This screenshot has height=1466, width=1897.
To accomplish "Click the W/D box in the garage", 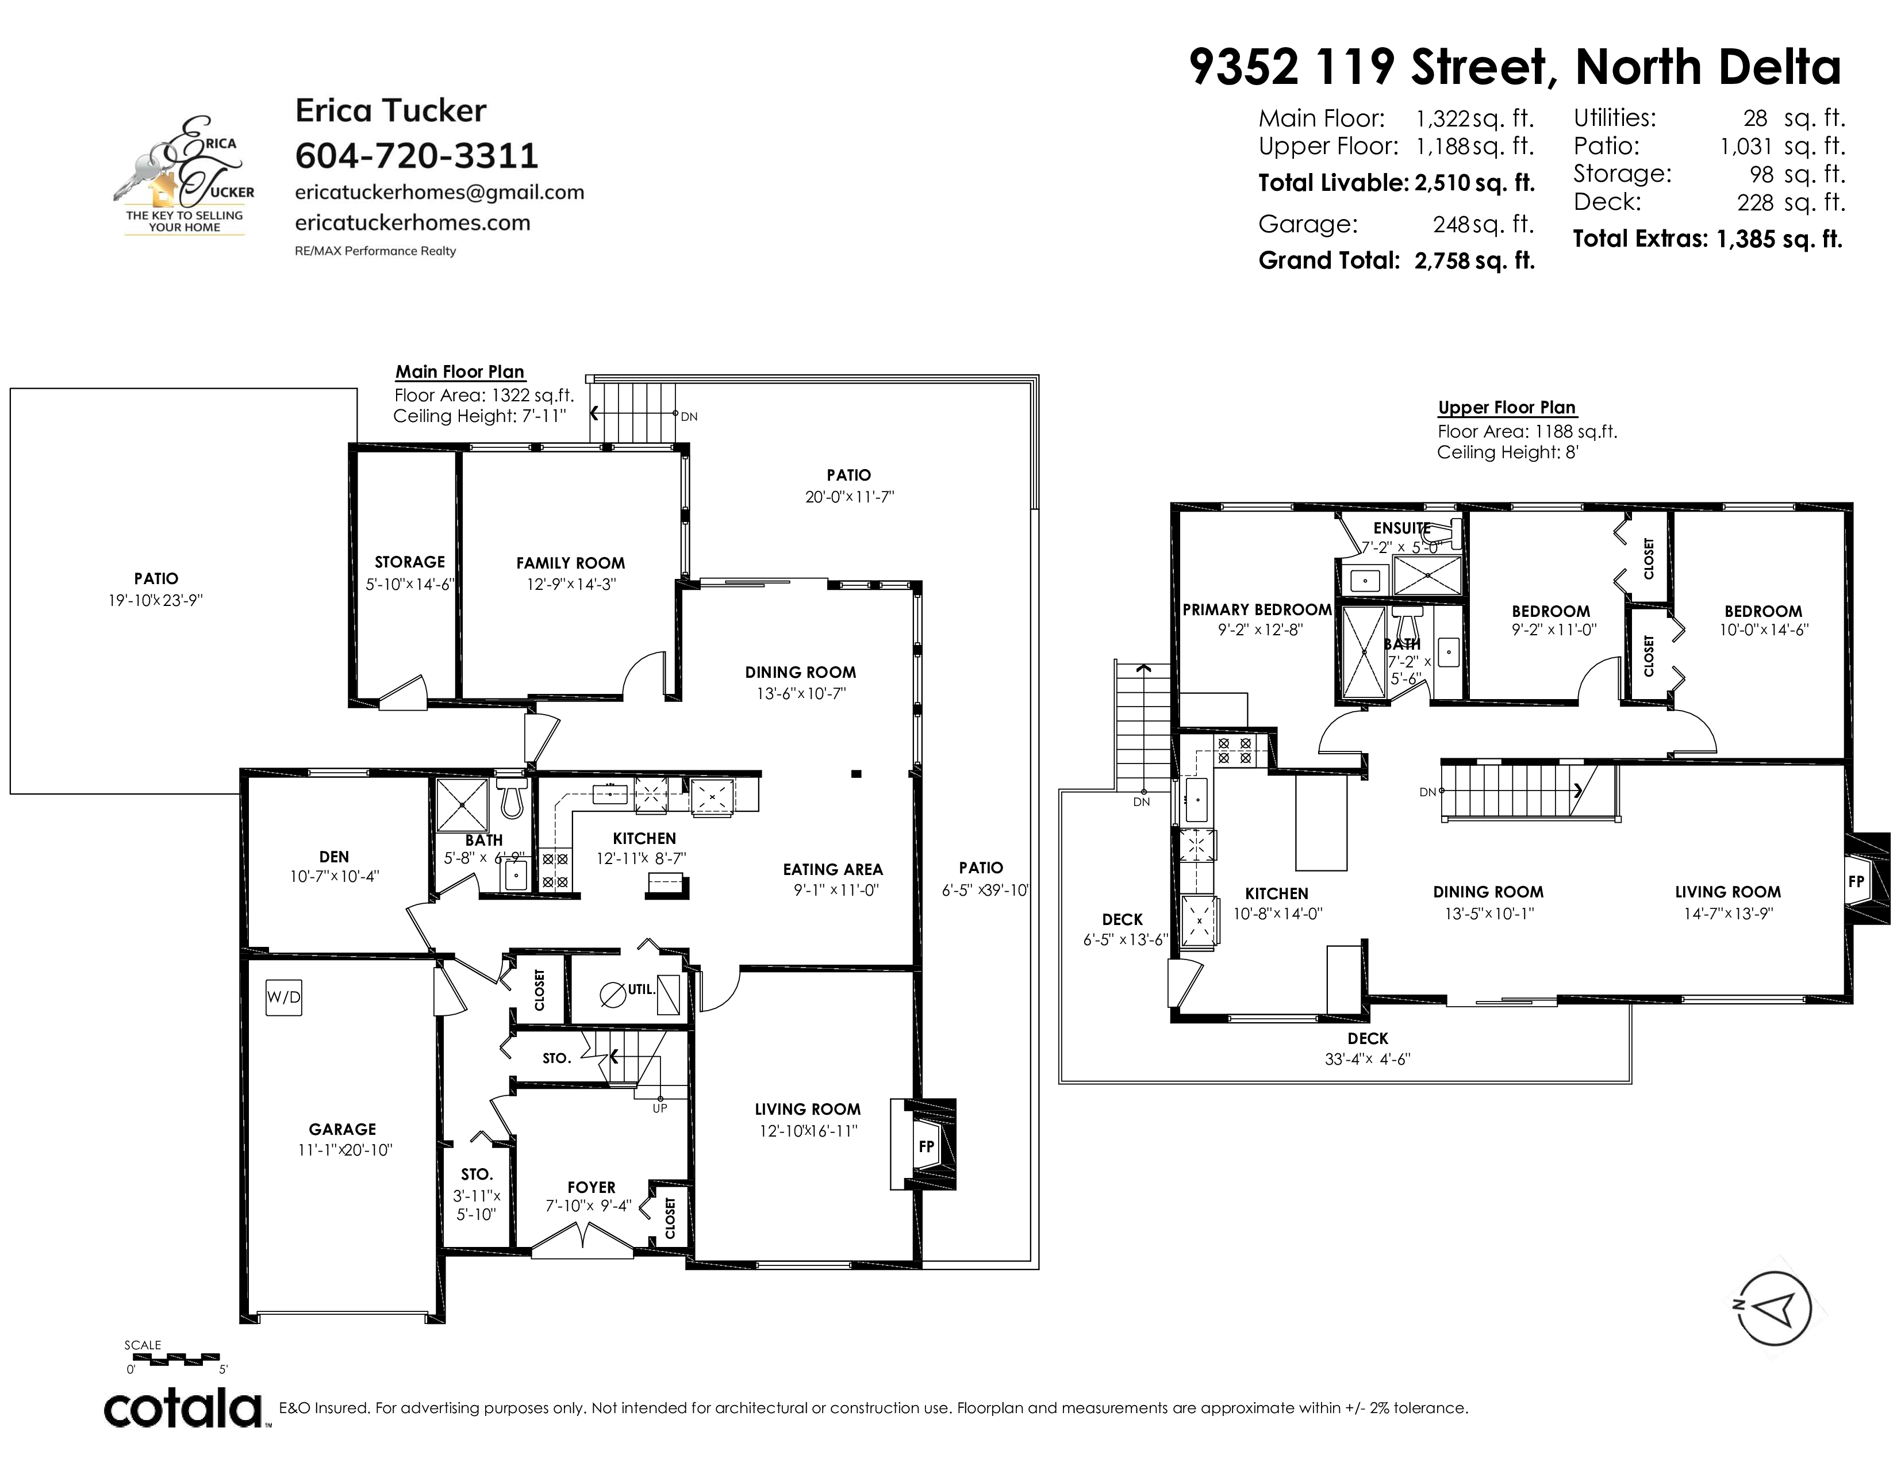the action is (x=283, y=997).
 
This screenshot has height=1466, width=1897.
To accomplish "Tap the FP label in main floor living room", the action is (x=927, y=1146).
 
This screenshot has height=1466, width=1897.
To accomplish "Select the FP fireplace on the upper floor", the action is (x=1856, y=881).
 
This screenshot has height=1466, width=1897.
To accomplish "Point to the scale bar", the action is (x=173, y=1357).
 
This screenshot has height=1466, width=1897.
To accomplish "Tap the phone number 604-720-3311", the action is (x=417, y=156).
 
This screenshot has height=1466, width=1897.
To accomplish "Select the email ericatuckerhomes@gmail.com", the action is (x=440, y=192).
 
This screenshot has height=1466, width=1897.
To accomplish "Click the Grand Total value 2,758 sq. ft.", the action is (x=1475, y=260).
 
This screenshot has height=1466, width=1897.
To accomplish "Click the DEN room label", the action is (x=335, y=857).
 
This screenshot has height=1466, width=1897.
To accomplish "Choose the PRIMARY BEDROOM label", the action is (x=1257, y=609).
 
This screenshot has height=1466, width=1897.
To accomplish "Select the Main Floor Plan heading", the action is (x=460, y=372).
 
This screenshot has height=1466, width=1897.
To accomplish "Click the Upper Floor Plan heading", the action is (x=1507, y=408).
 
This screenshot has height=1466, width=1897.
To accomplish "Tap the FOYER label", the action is (x=592, y=1187).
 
